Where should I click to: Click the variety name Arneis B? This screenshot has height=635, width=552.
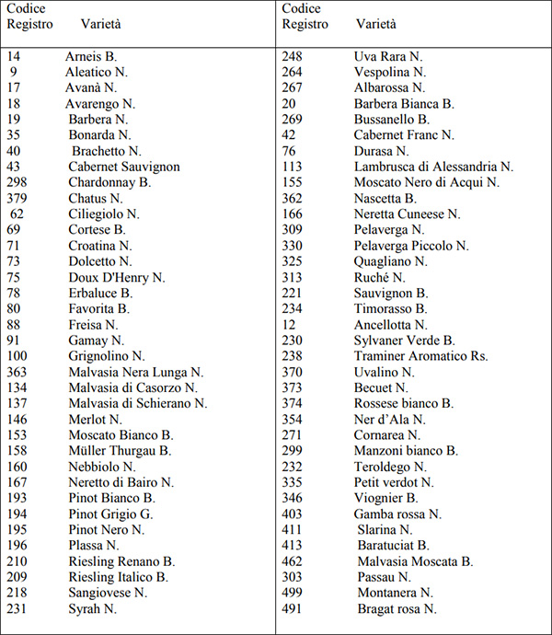coord(91,56)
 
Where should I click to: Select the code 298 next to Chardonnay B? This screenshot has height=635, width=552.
coord(17,182)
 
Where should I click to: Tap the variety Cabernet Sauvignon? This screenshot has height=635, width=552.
coord(123,167)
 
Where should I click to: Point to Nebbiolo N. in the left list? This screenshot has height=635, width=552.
coord(102,467)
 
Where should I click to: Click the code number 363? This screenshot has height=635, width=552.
coord(17,372)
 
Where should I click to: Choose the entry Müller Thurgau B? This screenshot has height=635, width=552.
coord(120,451)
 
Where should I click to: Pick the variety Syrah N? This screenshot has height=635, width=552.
coord(92,608)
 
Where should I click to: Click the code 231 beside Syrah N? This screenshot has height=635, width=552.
coord(17,608)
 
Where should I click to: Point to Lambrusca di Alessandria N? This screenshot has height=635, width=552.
coord(433,167)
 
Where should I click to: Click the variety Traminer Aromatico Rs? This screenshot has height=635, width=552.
coord(421,356)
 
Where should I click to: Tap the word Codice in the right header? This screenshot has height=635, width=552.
coord(302,8)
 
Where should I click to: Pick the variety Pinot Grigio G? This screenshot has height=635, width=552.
coord(110,514)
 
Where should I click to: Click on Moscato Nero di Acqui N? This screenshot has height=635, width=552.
coord(427,182)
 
